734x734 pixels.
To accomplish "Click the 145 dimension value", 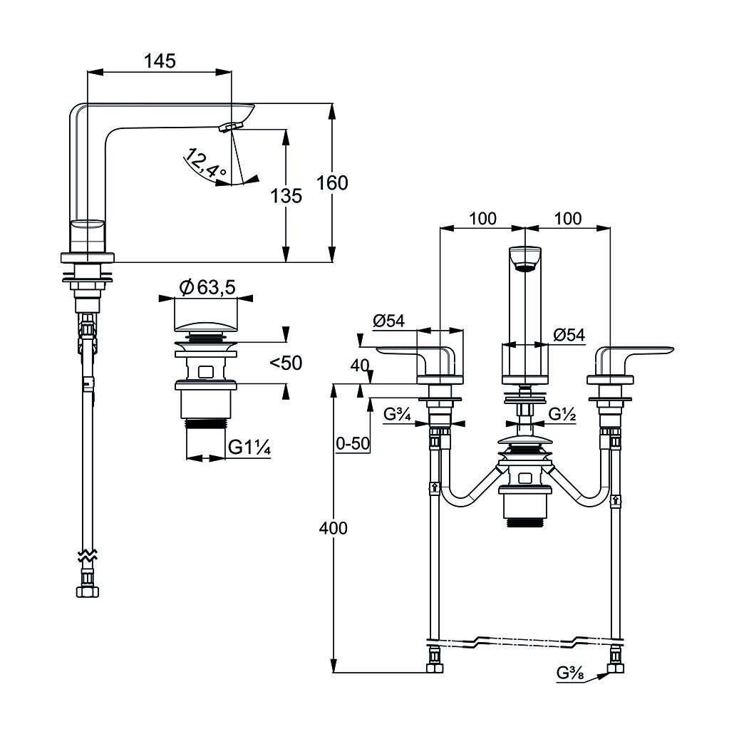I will click(160, 61).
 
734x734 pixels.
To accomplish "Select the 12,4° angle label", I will click(205, 163).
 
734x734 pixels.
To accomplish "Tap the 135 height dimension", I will click(286, 195).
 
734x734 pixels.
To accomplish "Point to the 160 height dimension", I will click(333, 182).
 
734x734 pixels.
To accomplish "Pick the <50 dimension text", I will click(285, 363).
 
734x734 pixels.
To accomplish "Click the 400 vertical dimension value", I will click(334, 528).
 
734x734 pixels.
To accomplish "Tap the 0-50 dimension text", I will click(353, 443).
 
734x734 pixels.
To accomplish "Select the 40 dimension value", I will click(360, 366).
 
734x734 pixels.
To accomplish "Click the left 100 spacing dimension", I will click(483, 218).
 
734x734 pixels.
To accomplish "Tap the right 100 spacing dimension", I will click(567, 218).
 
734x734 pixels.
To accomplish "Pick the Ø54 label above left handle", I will click(388, 321).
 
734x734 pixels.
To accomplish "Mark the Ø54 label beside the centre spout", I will click(569, 334).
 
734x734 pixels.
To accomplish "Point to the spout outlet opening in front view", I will click(526, 268).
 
